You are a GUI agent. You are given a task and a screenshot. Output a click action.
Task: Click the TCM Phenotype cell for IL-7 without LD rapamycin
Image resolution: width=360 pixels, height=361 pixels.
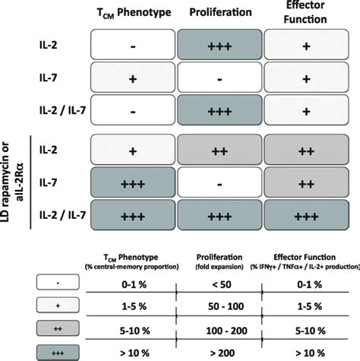pos(133,79)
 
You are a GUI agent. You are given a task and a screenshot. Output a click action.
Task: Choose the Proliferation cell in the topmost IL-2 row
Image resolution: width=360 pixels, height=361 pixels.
pos(218,46)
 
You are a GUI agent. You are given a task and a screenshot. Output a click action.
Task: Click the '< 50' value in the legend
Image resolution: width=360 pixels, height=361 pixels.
pos(220,283)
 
